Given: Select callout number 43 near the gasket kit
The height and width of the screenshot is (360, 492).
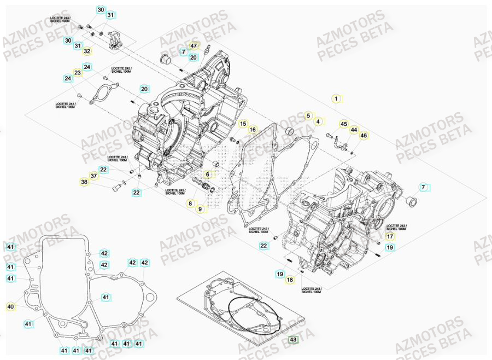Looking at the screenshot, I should [293, 340].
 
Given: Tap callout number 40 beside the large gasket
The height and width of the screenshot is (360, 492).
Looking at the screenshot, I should [10, 307].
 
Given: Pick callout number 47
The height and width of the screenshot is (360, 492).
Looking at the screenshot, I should [194, 46].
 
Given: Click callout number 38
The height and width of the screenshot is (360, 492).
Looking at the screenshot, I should [84, 182].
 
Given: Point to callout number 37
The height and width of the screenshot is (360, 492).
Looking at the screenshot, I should [93, 176].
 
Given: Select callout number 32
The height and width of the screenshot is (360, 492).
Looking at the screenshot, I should [87, 51].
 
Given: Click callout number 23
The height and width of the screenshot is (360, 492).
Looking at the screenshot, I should [78, 73].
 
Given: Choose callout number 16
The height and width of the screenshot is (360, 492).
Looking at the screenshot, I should [253, 130].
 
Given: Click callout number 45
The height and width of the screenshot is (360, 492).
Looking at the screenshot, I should [344, 124].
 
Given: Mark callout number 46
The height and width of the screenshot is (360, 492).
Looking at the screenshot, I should [364, 135].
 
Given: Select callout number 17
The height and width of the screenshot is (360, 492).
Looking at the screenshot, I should [389, 236].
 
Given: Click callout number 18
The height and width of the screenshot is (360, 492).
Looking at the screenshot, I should [290, 280].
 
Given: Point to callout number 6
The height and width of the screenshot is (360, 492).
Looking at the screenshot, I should [208, 174].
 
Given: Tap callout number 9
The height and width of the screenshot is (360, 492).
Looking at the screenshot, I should [200, 208].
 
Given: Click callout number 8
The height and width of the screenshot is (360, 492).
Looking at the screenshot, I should [190, 204].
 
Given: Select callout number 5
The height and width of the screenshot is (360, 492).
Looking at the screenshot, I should [308, 115].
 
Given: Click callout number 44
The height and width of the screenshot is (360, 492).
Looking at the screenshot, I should [354, 130].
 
